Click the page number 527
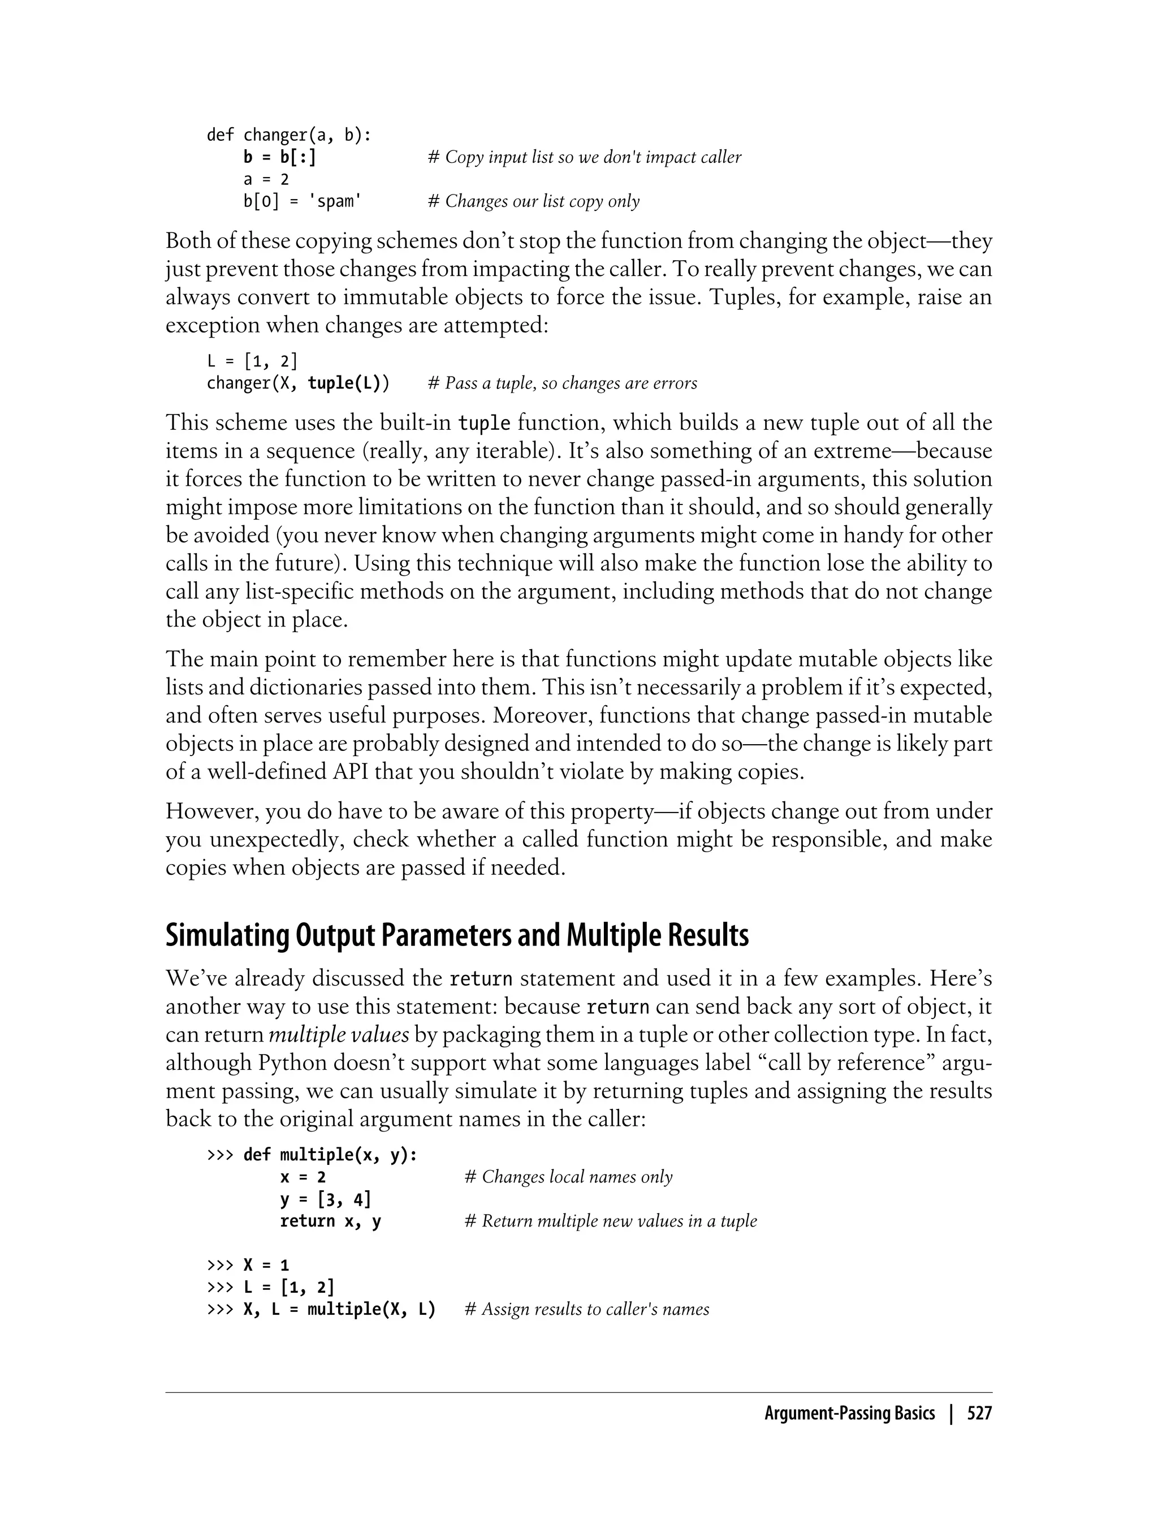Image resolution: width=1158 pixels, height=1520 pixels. click(979, 1414)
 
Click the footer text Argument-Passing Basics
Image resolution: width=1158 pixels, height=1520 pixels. click(849, 1414)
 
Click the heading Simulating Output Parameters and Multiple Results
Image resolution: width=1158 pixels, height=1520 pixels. click(456, 935)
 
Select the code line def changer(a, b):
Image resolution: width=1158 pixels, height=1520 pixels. click(289, 135)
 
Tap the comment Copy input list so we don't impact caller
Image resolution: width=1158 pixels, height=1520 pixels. click(584, 157)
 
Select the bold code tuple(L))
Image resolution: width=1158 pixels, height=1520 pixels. click(348, 383)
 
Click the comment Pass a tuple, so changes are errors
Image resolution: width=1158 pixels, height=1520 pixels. click(562, 383)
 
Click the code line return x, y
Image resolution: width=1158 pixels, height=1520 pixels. click(330, 1221)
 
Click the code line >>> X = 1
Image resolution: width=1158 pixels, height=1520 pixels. click(248, 1265)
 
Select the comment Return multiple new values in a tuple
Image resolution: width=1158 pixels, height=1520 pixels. click(611, 1221)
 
